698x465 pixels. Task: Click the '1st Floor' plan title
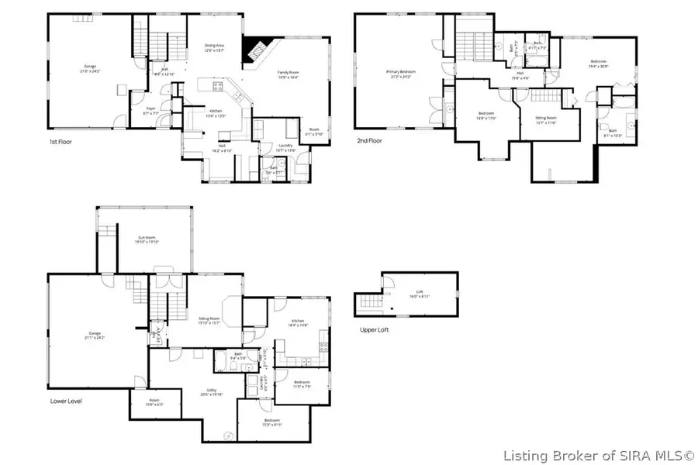[63, 143]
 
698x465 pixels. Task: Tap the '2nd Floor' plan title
[370, 141]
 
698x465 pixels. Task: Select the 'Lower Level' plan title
[66, 401]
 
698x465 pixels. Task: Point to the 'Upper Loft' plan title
[375, 329]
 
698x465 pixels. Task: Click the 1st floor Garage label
[90, 70]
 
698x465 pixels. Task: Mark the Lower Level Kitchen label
[299, 323]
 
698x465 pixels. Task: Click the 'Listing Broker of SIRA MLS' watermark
[600, 455]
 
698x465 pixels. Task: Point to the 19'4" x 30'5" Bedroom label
[598, 64]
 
